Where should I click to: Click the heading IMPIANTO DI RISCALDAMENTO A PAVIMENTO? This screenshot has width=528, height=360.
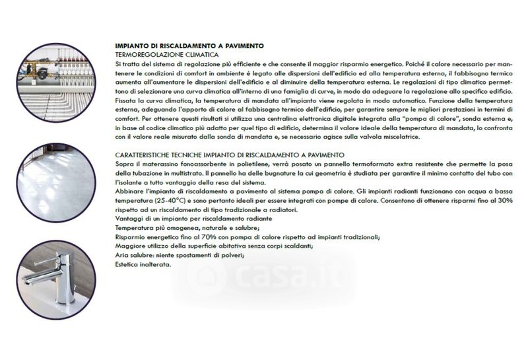[x=189, y=46]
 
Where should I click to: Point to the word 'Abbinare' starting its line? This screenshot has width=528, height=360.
[x=129, y=190]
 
